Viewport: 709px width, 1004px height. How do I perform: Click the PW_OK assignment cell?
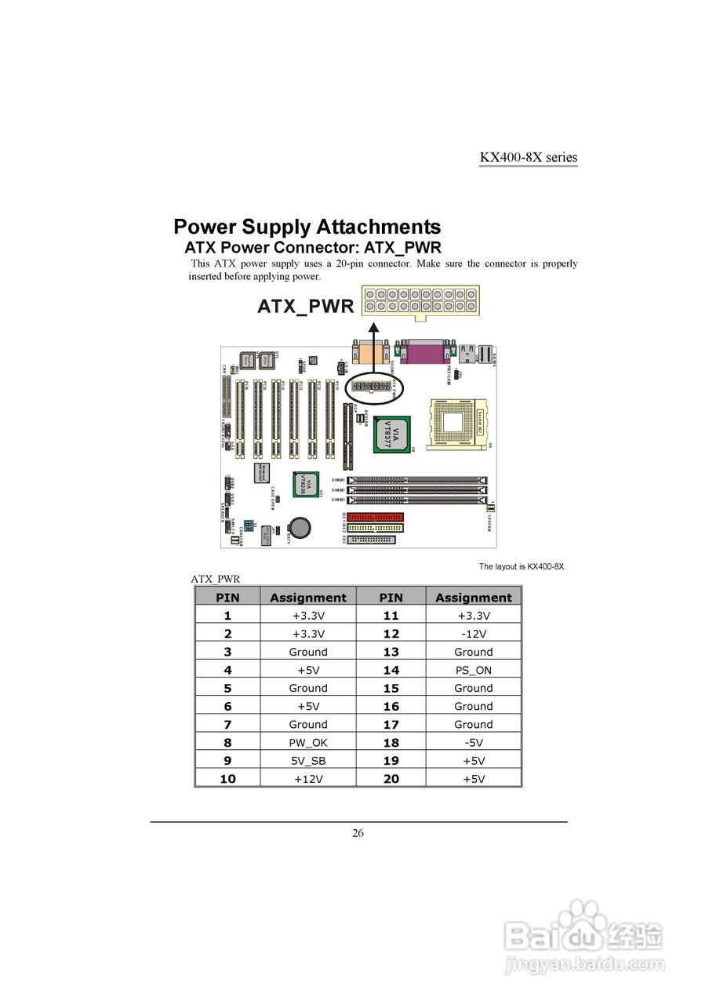308,743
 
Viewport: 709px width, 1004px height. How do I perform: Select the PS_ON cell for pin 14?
473,671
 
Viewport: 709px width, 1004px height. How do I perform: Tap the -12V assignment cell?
473,634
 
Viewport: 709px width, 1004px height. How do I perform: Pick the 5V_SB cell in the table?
308,761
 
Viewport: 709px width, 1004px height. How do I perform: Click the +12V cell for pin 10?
308,779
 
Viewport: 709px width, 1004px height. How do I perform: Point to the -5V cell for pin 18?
473,743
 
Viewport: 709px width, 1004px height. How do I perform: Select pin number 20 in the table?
391,779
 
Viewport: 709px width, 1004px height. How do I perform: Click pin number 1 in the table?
227,616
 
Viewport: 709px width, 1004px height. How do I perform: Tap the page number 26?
358,833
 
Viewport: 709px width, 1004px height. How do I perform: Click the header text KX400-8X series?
528,157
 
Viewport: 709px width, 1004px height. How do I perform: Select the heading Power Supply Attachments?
307,227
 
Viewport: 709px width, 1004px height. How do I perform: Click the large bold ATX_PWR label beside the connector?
306,306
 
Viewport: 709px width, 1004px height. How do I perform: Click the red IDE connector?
375,517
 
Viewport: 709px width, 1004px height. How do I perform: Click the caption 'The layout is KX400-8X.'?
522,566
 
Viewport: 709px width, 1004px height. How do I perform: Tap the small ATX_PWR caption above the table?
215,579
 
